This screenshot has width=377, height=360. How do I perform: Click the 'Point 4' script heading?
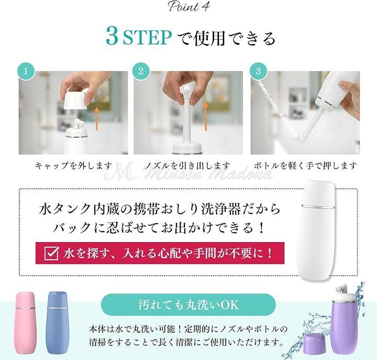tap(188, 6)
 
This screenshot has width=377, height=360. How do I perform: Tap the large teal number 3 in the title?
tap(112, 37)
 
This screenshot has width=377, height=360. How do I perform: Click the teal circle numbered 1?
tap(26, 71)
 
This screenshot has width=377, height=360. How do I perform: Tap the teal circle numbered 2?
tap(141, 71)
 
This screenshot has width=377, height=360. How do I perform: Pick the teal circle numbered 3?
tap(258, 71)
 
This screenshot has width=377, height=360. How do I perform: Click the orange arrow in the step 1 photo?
tap(97, 119)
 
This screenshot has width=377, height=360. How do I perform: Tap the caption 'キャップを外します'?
tap(74, 166)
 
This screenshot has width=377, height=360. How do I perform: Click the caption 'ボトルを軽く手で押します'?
tap(305, 166)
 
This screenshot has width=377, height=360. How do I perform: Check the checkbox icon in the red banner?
tap(52, 253)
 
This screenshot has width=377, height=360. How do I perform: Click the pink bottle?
tap(25, 323)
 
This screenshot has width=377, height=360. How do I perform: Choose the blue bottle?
tap(57, 323)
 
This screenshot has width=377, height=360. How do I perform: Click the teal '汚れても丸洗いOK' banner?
tap(188, 304)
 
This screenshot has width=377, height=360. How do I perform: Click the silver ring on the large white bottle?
tap(318, 206)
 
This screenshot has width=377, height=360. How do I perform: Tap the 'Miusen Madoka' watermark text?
tap(188, 174)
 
